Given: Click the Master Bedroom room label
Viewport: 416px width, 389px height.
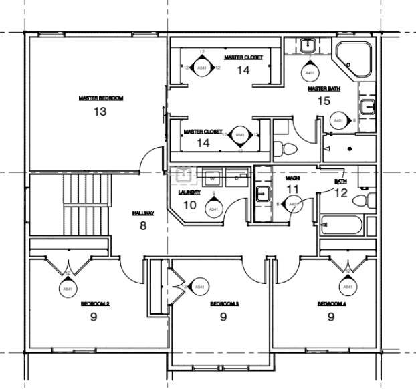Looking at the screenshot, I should point(100,98).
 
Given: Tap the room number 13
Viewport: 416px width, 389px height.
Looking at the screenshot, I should point(100,112).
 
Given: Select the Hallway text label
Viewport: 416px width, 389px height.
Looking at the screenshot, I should point(143,213).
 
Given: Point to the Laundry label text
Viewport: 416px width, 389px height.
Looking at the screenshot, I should point(189,192).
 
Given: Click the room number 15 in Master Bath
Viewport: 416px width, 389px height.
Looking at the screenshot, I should point(324,101).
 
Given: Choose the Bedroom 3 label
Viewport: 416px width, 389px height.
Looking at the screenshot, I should point(225,304).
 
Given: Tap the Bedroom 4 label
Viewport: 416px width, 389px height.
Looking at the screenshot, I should point(331,304).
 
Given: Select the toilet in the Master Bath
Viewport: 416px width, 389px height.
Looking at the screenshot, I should point(282,146).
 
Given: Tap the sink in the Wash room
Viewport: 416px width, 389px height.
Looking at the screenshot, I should point(263,194).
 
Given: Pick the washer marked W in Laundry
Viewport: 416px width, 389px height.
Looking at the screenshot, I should point(212,178).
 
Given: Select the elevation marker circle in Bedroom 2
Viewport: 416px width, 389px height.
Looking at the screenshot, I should point(67,288).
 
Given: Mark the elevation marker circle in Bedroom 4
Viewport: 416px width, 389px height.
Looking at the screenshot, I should point(346,287).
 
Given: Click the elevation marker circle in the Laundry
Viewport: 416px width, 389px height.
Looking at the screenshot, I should point(213,209).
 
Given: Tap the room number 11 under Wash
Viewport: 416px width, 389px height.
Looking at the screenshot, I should point(292,190).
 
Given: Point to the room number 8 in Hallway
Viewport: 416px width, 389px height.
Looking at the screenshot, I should point(142,226).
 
